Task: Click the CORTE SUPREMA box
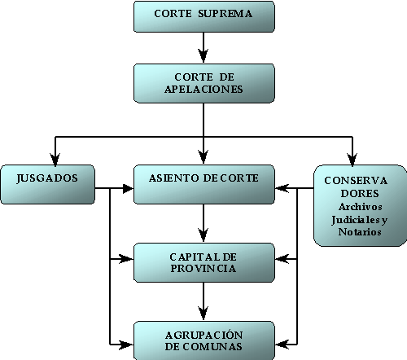[204, 16]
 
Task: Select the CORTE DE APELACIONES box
[204, 83]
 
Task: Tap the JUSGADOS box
[48, 184]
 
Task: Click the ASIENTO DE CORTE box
[204, 184]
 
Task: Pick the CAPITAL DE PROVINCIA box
[204, 262]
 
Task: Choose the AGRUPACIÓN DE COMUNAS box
[204, 340]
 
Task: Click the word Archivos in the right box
[360, 207]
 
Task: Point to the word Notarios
[360, 232]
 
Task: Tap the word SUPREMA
[225, 14]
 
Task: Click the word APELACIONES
[203, 90]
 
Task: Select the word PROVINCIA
[203, 269]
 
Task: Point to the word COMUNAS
[212, 347]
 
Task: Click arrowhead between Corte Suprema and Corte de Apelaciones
[203, 55]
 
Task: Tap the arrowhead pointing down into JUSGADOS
[55, 160]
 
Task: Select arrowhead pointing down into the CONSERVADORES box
[352, 160]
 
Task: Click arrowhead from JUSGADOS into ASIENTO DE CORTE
[128, 188]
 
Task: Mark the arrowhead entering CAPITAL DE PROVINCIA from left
[126, 259]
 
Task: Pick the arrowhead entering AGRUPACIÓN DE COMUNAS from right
[282, 345]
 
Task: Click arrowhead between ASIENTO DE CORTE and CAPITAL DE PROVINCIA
[203, 235]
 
